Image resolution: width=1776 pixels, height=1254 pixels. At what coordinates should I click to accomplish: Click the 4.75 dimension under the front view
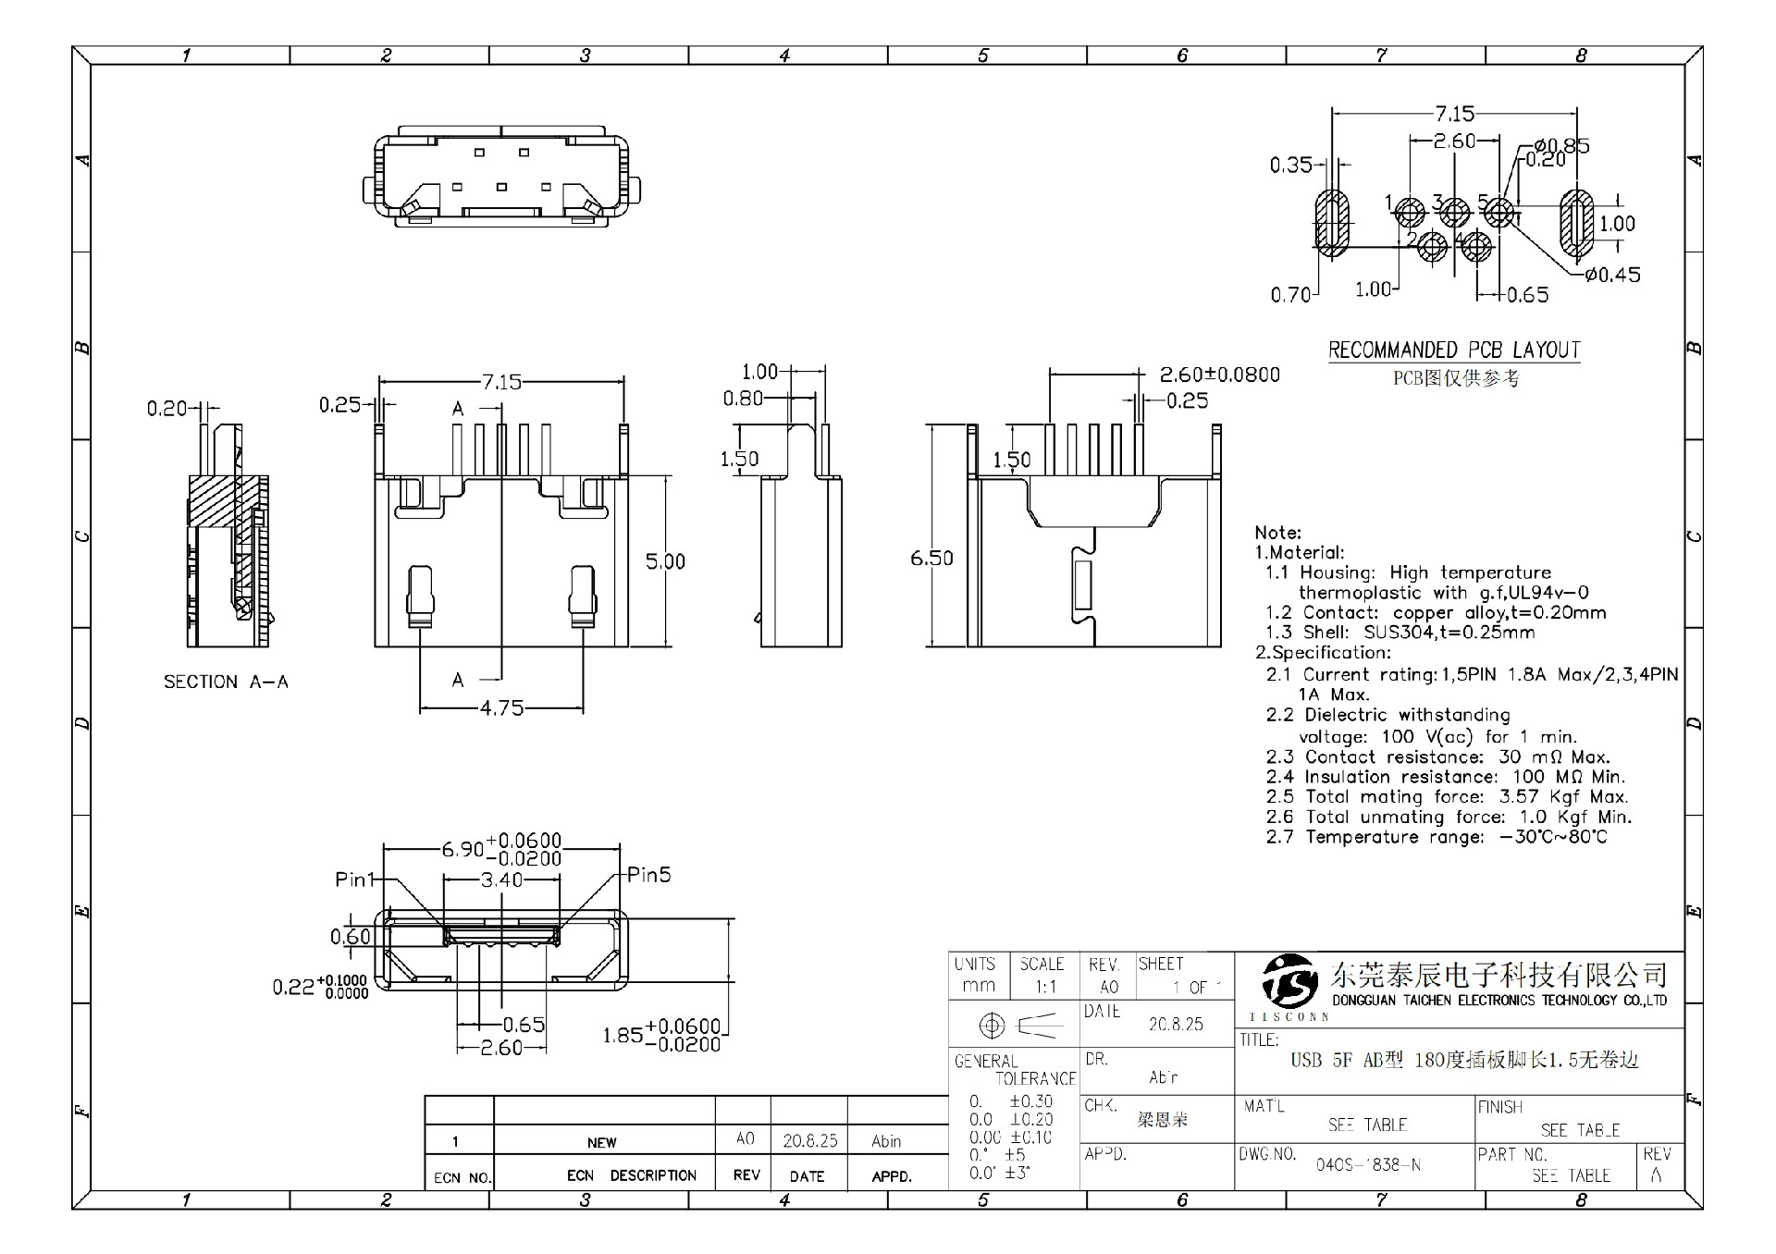point(501,708)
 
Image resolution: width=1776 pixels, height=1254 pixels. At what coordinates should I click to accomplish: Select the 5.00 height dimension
point(665,561)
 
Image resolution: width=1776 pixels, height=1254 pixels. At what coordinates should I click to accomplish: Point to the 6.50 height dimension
point(931,558)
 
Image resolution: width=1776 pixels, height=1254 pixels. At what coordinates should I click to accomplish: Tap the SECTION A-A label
point(226,682)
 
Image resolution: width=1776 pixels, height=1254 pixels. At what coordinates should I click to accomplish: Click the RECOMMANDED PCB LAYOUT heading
point(1454,350)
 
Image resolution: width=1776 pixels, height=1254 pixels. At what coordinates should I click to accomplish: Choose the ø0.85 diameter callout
point(1561,145)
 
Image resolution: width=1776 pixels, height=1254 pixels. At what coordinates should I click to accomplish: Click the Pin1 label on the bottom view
point(354,879)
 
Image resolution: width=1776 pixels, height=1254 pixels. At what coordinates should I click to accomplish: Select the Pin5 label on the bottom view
point(649,875)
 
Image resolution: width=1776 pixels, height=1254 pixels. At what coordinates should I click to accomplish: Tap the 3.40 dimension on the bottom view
point(501,879)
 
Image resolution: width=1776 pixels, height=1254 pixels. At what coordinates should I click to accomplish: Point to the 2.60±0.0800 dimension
point(1220,375)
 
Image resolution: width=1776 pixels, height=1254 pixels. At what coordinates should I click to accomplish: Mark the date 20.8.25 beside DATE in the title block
point(1176,1025)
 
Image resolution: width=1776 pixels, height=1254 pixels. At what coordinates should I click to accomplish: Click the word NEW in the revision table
point(601,1142)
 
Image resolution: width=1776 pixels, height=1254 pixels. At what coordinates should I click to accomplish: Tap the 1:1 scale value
point(1045,987)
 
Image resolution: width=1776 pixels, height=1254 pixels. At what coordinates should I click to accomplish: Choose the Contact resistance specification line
point(1437,756)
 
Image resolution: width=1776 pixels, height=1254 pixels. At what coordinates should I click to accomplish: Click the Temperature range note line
point(1437,837)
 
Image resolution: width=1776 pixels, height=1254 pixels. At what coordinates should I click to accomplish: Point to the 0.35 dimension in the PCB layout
point(1290,166)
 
